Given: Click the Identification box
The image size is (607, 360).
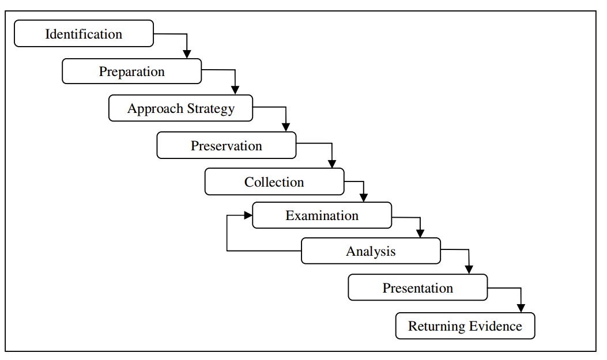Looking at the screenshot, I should pos(84,33).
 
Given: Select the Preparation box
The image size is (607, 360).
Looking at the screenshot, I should pos(131,71).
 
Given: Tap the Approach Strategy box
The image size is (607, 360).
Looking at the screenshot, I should pos(180,108).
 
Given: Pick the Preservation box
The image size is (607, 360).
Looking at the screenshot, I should pos(226,145).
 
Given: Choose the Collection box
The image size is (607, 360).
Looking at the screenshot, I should pos(274,181).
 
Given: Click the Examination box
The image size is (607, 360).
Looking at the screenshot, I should pos(322,215).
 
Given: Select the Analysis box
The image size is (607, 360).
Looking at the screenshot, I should pos(371,251).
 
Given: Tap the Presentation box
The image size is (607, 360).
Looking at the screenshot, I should pos(417,287).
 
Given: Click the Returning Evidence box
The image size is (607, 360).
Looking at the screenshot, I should pos(465,326).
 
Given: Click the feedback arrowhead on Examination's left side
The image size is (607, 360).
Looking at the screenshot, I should pos(248,215).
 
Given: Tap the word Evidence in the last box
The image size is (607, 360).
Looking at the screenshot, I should pos(495,326).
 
